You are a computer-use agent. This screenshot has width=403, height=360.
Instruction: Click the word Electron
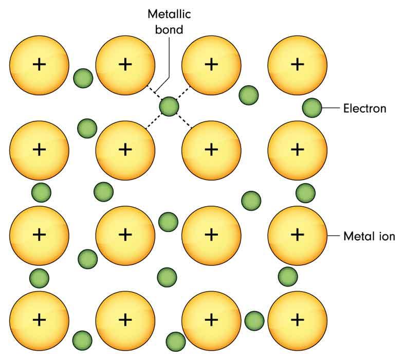(364, 109)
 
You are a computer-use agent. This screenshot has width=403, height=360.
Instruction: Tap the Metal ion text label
(369, 237)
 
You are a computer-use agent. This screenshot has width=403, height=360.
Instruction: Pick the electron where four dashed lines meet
(169, 107)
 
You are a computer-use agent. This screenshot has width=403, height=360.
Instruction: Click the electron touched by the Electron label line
(312, 108)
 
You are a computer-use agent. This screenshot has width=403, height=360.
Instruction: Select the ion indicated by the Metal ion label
(297, 235)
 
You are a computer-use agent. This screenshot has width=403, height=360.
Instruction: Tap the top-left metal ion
(39, 64)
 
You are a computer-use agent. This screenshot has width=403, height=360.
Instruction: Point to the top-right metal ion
(297, 64)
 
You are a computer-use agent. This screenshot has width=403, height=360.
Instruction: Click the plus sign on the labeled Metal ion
(297, 235)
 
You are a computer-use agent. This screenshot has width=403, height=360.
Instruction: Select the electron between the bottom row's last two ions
(254, 320)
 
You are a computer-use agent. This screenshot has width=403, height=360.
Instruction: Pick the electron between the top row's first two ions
(82, 78)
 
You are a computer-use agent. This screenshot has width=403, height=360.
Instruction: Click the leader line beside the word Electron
(332, 108)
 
